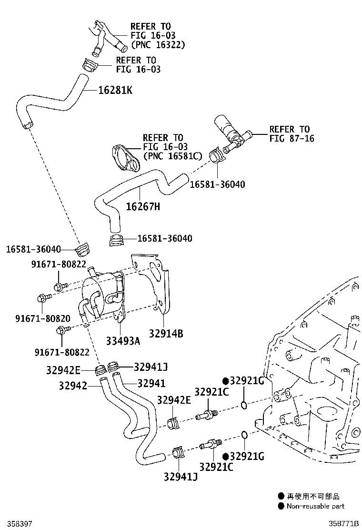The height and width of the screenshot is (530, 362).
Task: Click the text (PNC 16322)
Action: pos(158,45)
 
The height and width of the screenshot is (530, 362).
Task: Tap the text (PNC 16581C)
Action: pos(172,156)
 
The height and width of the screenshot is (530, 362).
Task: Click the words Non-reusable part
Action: pos(315,506)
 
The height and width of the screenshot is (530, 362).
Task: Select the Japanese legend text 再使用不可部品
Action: pos(313,496)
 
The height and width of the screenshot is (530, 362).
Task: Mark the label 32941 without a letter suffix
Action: pos(151,383)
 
